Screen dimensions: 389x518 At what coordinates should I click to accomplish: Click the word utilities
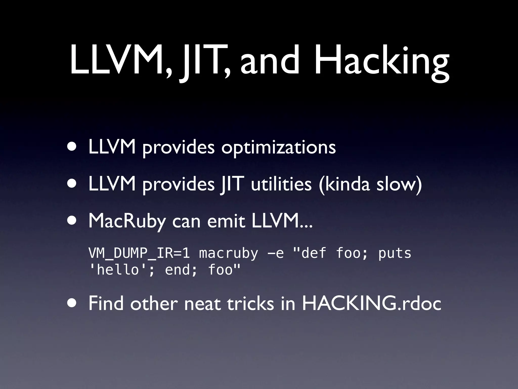281,184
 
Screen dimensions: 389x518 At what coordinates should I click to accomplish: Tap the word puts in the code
395,254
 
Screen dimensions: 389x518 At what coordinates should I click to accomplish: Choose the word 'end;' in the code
181,270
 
